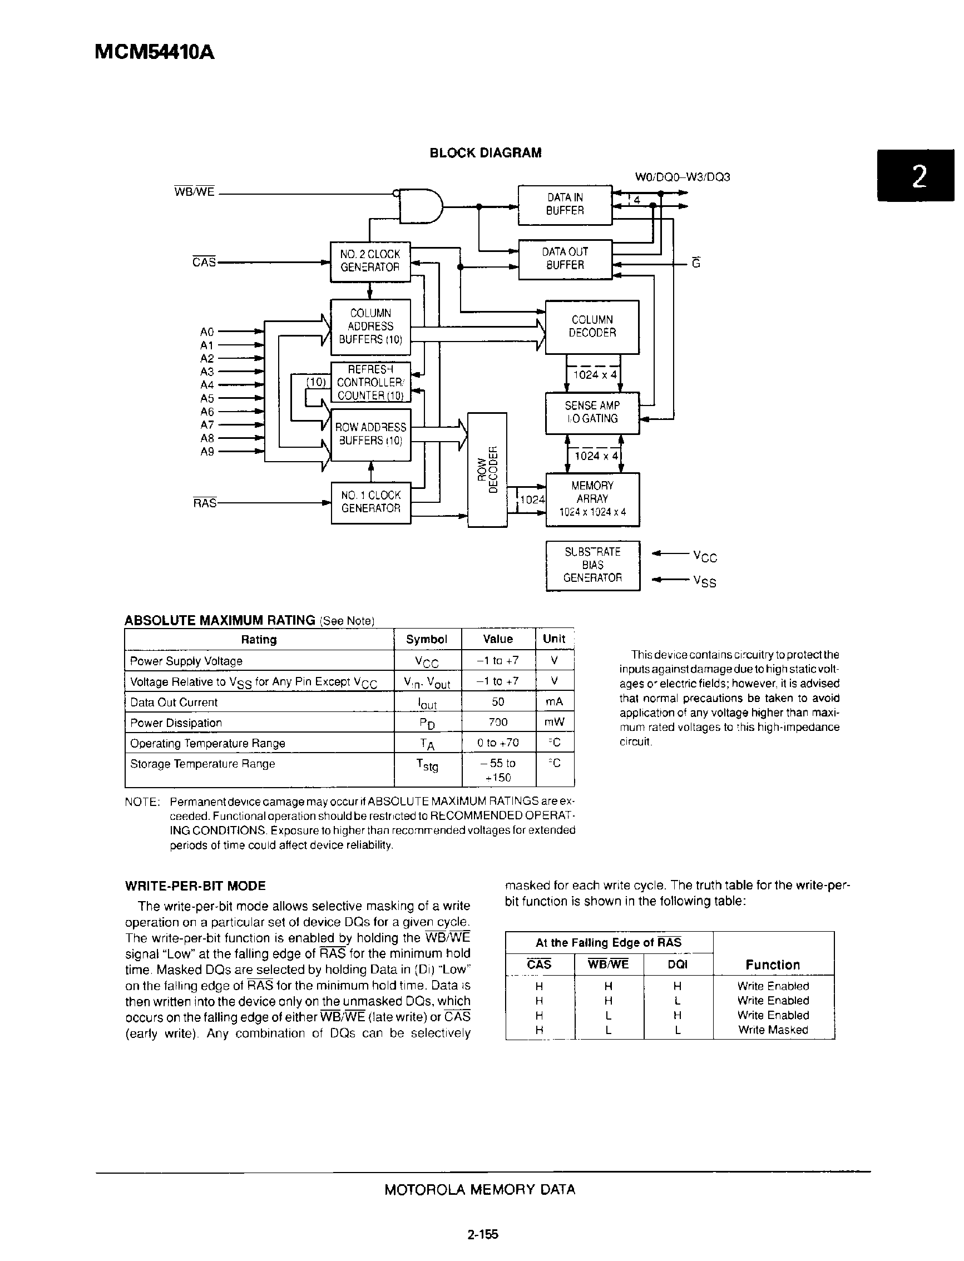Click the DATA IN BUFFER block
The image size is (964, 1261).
[x=565, y=204]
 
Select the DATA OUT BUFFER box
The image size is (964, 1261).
[x=565, y=259]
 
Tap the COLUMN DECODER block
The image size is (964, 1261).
[x=592, y=327]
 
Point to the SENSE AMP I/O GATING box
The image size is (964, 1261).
[x=592, y=412]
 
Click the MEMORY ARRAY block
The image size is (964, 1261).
[x=592, y=498]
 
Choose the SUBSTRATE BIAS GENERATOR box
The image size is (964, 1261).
[x=592, y=565]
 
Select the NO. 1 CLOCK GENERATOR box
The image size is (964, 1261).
[x=370, y=502]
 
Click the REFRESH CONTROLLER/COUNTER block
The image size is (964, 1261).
[x=370, y=382]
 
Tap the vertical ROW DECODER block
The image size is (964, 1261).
[x=487, y=469]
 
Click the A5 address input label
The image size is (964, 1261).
[x=206, y=398]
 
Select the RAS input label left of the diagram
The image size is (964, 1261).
[x=204, y=503]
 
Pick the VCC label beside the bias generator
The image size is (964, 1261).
[x=705, y=556]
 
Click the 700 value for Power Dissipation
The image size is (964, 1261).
[x=497, y=723]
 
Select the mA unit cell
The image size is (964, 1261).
[x=554, y=701]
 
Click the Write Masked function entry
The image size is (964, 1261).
[x=772, y=1030]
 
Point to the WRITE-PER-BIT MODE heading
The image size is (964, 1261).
[x=195, y=886]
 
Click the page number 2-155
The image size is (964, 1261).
[x=483, y=1233]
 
